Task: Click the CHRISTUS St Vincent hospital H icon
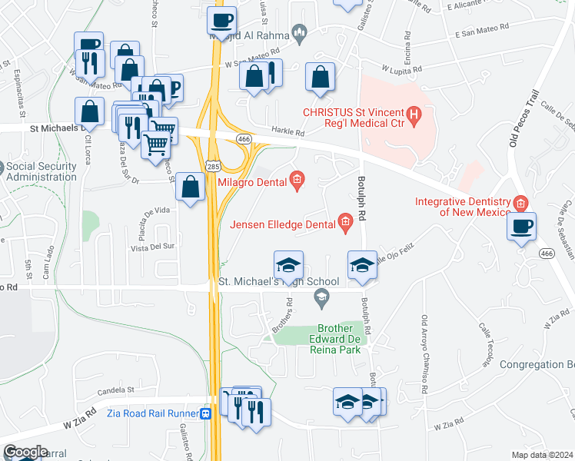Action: [x=415, y=116]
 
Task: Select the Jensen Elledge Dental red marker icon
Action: [x=346, y=224]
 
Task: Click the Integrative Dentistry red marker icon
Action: [x=521, y=203]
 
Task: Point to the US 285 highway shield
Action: [x=213, y=165]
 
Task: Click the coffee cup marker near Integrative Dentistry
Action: [x=522, y=227]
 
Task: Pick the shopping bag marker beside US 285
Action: [x=190, y=187]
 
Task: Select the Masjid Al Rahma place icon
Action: [x=300, y=33]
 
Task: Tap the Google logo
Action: [x=25, y=451]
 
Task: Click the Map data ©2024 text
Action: [x=541, y=455]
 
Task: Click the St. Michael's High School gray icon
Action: [x=321, y=297]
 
